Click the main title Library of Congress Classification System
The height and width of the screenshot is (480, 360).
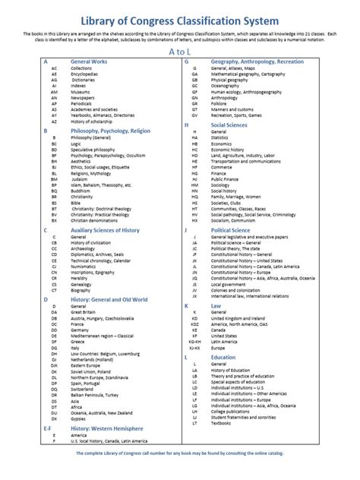[x=179, y=18]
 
